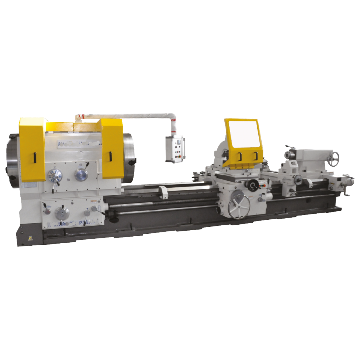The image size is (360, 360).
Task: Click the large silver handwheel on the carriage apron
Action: (x=239, y=207)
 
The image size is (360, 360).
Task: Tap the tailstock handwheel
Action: (x=333, y=159)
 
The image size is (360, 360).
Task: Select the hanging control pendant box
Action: (x=175, y=149)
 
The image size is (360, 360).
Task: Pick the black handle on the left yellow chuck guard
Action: (x=35, y=157)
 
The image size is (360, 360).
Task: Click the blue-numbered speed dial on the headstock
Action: (x=54, y=176)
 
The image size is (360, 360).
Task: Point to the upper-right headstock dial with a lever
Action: (x=81, y=174)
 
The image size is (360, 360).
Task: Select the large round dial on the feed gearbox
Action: (x=62, y=213)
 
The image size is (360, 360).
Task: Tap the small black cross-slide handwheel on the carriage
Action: (x=253, y=185)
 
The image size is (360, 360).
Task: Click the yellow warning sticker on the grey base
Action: (x=21, y=238)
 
